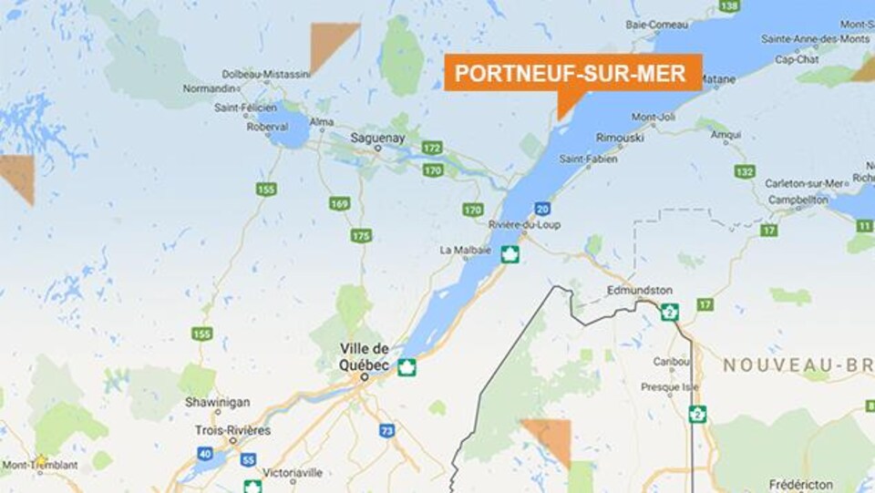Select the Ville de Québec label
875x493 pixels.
pyautogui.click(x=365, y=356)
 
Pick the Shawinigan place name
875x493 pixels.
pyautogui.click(x=211, y=401)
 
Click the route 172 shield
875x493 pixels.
pyautogui.click(x=432, y=148)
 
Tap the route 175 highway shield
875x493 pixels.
pyautogui.click(x=361, y=235)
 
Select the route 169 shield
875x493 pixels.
pyautogui.click(x=340, y=203)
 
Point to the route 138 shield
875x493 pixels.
pyautogui.click(x=729, y=6)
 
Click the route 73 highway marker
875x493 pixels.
pyautogui.click(x=387, y=430)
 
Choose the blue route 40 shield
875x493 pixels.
pyautogui.click(x=204, y=453)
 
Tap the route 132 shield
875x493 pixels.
pyautogui.click(x=745, y=171)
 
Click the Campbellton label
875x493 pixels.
pyautogui.click(x=798, y=199)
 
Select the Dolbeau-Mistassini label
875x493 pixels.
pyautogui.click(x=267, y=75)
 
